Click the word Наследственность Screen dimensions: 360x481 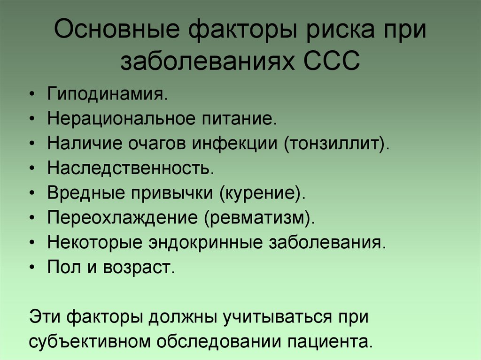tap(130, 168)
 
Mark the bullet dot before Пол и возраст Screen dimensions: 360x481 tap(31, 268)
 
